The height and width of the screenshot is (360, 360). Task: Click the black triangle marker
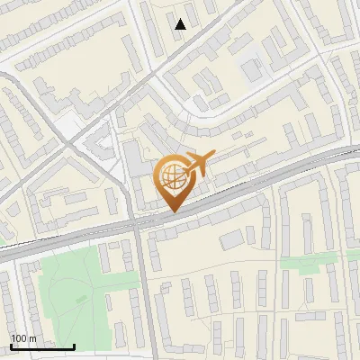181,24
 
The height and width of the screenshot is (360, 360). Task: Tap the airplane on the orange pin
198,163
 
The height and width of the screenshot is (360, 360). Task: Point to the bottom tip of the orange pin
172,211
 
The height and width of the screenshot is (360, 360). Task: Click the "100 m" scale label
23,338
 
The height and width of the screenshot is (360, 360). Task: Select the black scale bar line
42,346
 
